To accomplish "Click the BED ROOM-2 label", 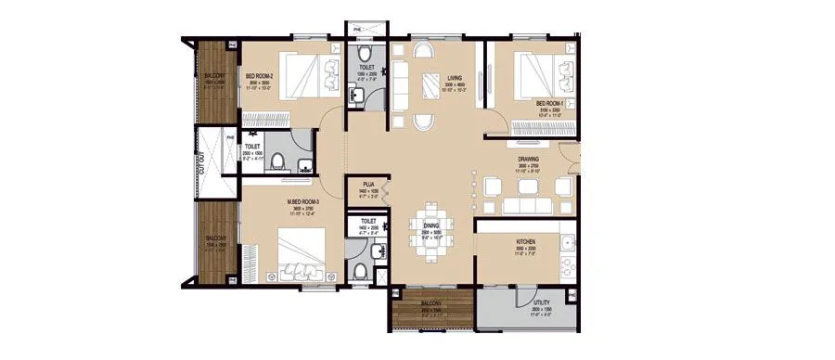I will (258, 77).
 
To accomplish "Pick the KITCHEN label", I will (527, 241).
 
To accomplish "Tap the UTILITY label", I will (542, 303).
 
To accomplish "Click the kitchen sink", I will (567, 243).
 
